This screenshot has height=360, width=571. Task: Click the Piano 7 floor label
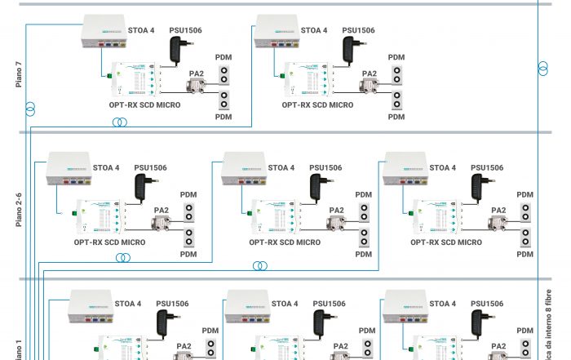18,74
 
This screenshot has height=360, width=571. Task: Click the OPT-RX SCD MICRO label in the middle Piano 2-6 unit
285,242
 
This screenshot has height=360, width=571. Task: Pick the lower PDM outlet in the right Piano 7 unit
396,100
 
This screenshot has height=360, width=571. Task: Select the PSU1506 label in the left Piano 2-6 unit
151,168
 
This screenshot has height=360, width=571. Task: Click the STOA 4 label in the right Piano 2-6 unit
443,168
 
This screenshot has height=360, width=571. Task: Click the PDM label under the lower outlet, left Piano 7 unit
223,117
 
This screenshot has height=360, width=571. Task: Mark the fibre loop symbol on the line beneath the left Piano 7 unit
120,122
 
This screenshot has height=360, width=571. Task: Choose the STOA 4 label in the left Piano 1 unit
128,304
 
